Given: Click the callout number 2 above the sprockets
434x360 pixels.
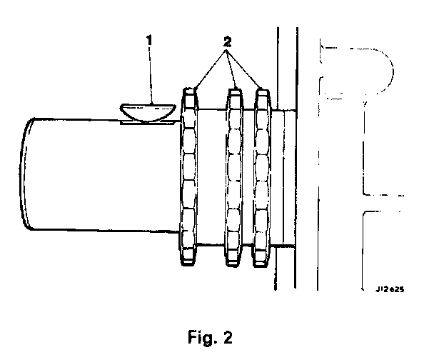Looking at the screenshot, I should coord(226,42).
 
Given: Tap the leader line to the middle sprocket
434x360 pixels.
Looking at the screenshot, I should coord(230,70).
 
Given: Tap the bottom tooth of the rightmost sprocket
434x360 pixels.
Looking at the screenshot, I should coord(261,261).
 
